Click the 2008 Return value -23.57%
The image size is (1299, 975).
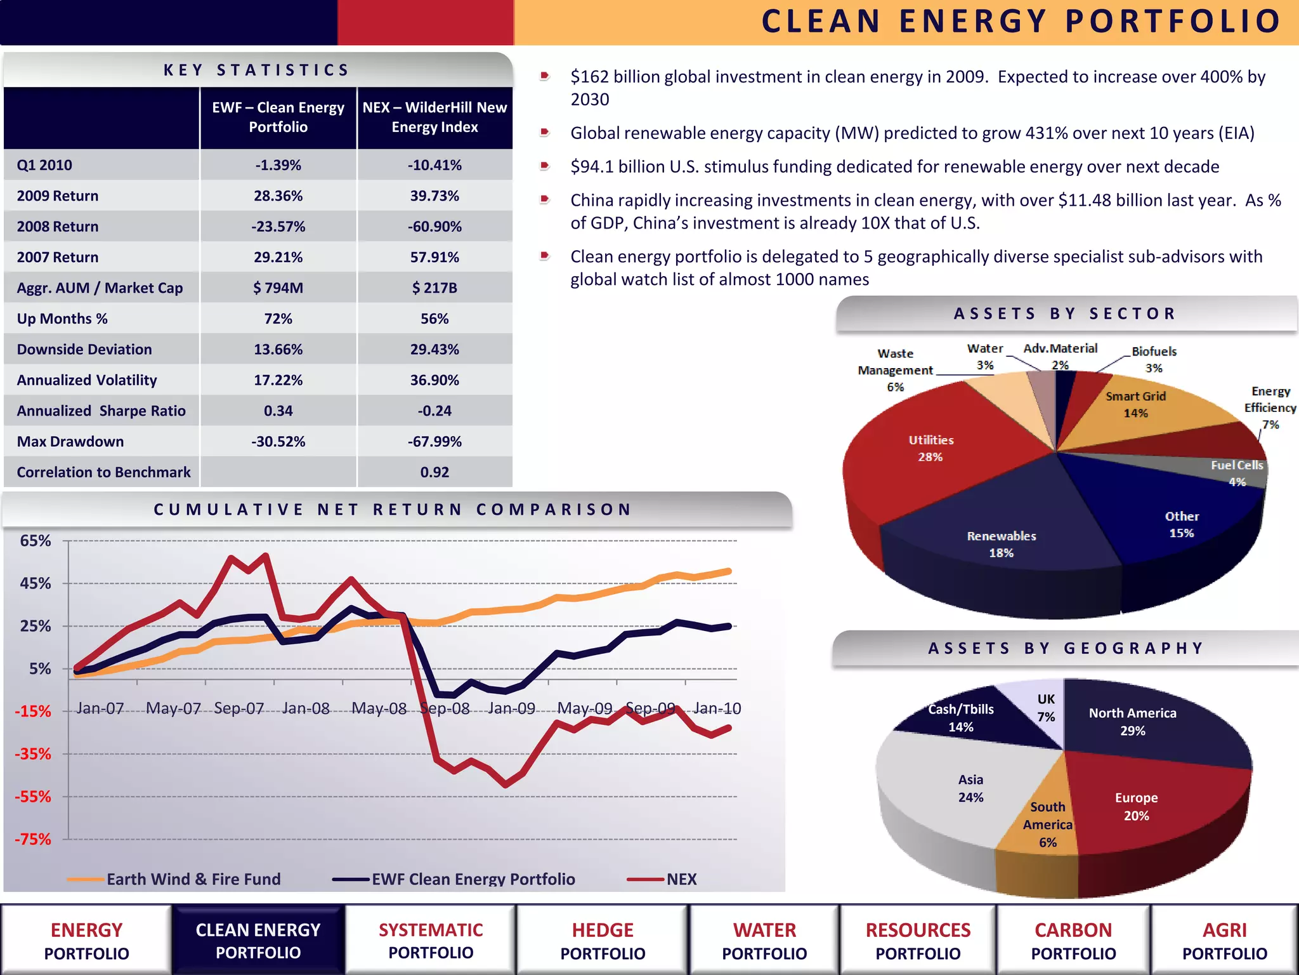coord(278,227)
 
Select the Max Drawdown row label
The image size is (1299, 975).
coord(70,441)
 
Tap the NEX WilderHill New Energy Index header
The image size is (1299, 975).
coord(434,117)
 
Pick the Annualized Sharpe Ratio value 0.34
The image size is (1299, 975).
coord(278,411)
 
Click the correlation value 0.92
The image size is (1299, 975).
coord(434,472)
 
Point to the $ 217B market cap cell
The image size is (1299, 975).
coord(434,288)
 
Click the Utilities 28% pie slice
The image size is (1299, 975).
coord(930,448)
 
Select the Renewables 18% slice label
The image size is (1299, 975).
coord(1002,544)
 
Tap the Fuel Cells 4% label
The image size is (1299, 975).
coord(1236,473)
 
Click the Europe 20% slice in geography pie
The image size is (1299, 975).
coord(1136,806)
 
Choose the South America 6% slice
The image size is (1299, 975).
coord(1047,824)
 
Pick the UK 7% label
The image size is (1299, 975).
coord(1046,707)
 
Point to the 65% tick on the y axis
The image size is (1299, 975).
coord(36,541)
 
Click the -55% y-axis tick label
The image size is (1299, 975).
coord(33,797)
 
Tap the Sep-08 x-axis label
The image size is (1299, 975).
coord(445,708)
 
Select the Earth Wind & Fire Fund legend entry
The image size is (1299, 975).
coord(193,879)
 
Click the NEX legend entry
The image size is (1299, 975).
coord(681,879)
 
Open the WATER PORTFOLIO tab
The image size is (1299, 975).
coord(764,941)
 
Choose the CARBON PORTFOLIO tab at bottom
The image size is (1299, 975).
coord(1073,941)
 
